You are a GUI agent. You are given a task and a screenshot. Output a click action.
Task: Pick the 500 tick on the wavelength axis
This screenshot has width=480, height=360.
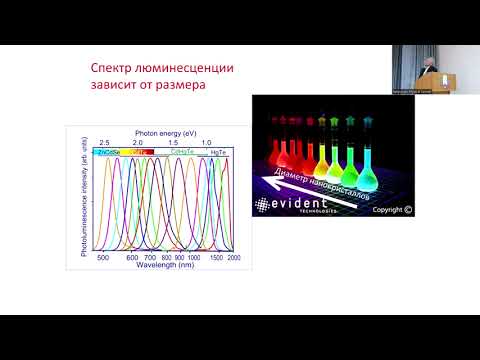[x=103, y=257]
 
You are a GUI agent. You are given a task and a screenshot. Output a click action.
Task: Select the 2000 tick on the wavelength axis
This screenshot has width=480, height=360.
[x=233, y=257]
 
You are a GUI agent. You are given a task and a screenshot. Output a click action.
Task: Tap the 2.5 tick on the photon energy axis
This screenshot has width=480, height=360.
[x=104, y=143]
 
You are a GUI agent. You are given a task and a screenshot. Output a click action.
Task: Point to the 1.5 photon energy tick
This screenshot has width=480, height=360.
[x=173, y=143]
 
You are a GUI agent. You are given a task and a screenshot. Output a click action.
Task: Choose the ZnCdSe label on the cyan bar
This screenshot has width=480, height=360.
[x=109, y=152]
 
